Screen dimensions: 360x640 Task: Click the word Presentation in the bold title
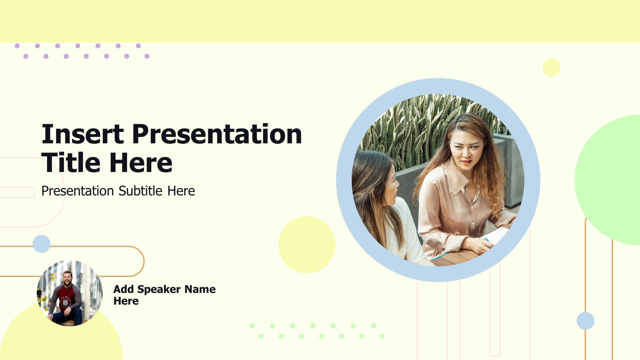pyautogui.click(x=217, y=134)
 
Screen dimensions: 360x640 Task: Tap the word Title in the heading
pyautogui.click(x=70, y=163)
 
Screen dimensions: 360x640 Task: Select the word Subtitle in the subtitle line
pyautogui.click(x=140, y=191)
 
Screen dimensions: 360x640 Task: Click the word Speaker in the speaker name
pyautogui.click(x=159, y=289)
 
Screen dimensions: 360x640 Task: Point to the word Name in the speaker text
pyautogui.click(x=200, y=289)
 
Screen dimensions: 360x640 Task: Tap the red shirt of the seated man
pyautogui.click(x=66, y=296)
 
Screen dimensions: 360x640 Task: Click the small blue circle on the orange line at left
pyautogui.click(x=41, y=244)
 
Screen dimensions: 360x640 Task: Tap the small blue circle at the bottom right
pyautogui.click(x=585, y=321)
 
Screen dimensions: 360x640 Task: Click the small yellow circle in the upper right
pyautogui.click(x=551, y=67)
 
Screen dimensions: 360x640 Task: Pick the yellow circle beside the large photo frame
pyautogui.click(x=307, y=245)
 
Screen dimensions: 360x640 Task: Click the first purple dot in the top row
pyautogui.click(x=17, y=46)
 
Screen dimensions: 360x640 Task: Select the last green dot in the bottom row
pyautogui.click(x=382, y=336)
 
